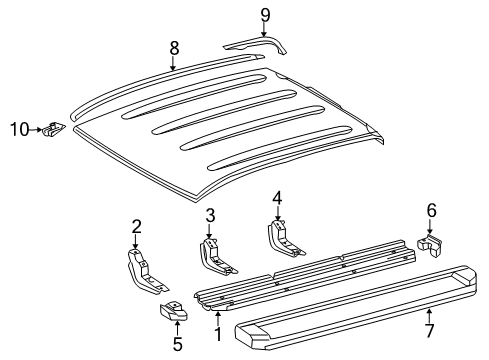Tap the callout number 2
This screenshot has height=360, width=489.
[x=136, y=226]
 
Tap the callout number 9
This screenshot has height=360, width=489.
[x=265, y=14]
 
